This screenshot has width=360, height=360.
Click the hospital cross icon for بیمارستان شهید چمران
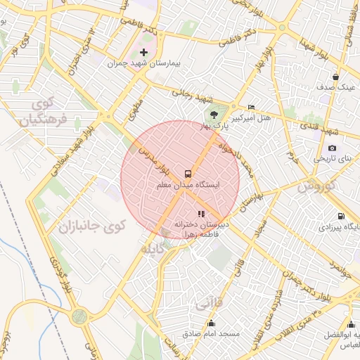click(144, 52)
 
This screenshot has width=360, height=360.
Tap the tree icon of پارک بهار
click(210, 113)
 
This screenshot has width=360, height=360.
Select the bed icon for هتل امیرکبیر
click(251, 107)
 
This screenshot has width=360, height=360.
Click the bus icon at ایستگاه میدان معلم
click(188, 172)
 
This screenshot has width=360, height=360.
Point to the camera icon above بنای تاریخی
click(332, 148)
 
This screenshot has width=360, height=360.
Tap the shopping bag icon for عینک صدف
click(337, 77)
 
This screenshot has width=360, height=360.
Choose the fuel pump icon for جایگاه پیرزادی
click(341, 217)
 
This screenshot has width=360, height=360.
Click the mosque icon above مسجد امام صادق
click(212, 323)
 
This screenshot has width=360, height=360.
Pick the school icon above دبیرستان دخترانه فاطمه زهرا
click(201, 213)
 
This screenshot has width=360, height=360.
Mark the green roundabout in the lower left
click(79, 317)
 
